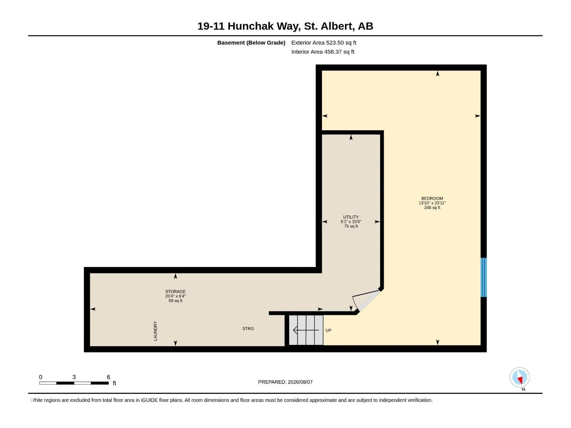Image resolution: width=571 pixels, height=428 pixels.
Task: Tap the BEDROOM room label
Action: pyautogui.click(x=432, y=199)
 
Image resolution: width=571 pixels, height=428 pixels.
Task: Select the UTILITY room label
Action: pyautogui.click(x=351, y=217)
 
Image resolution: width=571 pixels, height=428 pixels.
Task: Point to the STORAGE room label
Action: pyautogui.click(x=175, y=291)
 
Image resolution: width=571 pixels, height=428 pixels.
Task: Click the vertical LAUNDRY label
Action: pyautogui.click(x=155, y=331)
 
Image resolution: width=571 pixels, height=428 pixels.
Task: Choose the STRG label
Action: pyautogui.click(x=248, y=329)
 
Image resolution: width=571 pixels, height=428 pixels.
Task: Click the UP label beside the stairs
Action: pyautogui.click(x=328, y=330)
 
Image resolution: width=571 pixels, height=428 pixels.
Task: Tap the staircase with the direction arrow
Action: pyautogui.click(x=306, y=330)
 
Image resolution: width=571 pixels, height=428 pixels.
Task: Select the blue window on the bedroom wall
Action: pyautogui.click(x=483, y=277)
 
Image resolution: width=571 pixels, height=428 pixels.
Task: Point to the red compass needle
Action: pyautogui.click(x=520, y=380)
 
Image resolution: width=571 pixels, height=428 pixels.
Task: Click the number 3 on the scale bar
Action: pyautogui.click(x=74, y=377)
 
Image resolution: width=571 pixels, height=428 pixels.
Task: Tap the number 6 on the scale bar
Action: pyautogui.click(x=108, y=377)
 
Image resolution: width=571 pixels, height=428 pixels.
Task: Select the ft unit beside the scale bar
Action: pyautogui.click(x=114, y=383)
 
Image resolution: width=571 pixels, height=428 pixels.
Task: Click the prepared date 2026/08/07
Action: pyautogui.click(x=300, y=382)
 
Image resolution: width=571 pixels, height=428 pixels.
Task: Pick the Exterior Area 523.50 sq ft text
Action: pyautogui.click(x=324, y=42)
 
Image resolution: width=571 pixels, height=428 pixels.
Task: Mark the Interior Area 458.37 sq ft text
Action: pyautogui.click(x=323, y=52)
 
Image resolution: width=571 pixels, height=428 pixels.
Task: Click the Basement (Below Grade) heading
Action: pyautogui.click(x=251, y=42)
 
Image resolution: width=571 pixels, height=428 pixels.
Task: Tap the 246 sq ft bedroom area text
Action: pyautogui.click(x=432, y=208)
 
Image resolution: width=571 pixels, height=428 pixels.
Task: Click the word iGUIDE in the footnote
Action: pyautogui.click(x=149, y=400)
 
